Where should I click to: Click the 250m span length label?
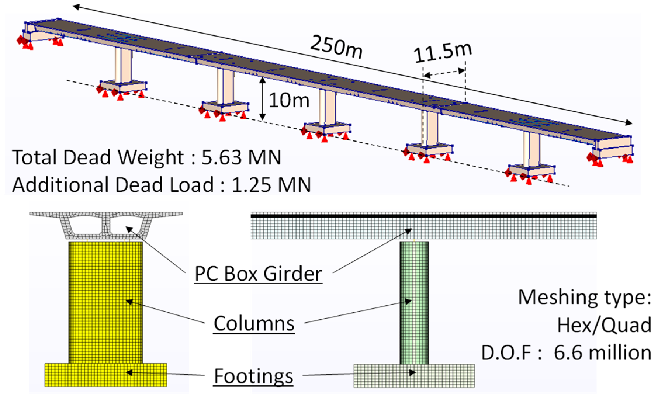[x=336, y=47]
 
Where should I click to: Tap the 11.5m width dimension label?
[x=443, y=53]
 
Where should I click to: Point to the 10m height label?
[x=289, y=100]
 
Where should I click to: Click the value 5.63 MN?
[x=241, y=158]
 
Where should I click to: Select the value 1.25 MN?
[x=271, y=185]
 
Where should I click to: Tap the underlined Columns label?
[x=254, y=324]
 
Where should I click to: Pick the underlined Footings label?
[x=253, y=376]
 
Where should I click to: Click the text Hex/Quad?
[x=604, y=325]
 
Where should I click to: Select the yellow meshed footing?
[x=105, y=375]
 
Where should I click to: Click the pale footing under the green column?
[x=414, y=376]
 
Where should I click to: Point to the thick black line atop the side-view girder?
[x=423, y=216]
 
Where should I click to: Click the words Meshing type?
[x=584, y=298]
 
